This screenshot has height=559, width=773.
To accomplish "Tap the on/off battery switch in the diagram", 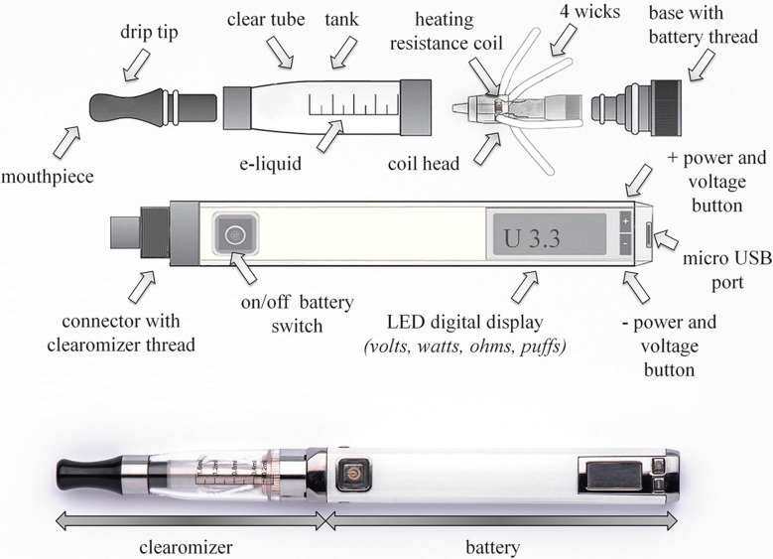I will pos(235,235).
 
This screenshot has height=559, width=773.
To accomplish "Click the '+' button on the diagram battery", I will pos(625,220).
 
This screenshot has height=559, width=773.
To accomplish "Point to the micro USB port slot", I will pos(649,235).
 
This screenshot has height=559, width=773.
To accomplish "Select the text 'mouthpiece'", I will pos(48,177).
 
